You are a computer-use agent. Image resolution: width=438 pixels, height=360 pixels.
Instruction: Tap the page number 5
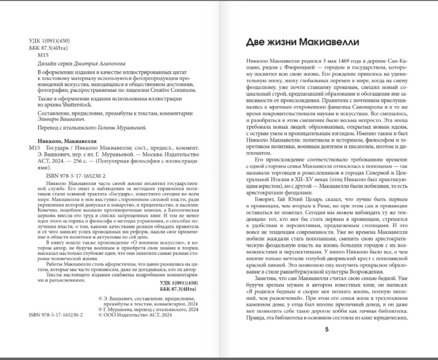tap(327, 329)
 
